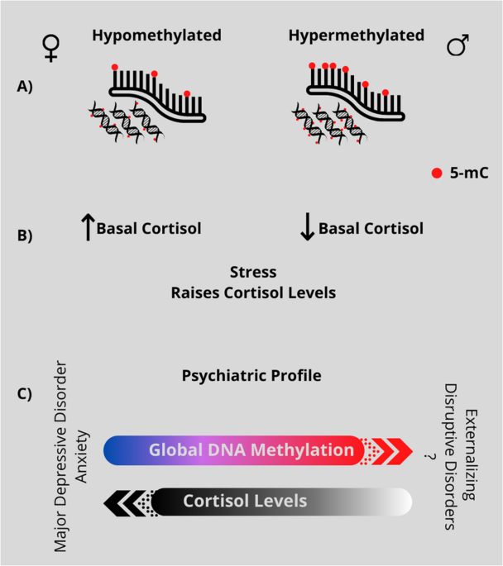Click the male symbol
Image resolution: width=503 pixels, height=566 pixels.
pos(457,45)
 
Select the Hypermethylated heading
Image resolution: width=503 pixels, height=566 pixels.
pos(357,36)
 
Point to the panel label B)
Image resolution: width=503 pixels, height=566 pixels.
pos(24,236)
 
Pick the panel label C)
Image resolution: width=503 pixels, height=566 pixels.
pos(24,392)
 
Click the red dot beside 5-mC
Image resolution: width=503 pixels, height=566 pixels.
pos(436,174)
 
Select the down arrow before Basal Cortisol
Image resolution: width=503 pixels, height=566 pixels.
pos(307,228)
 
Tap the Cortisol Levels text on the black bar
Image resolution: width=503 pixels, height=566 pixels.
pos(245,501)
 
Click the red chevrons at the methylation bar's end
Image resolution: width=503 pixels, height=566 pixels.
pos(394,450)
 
